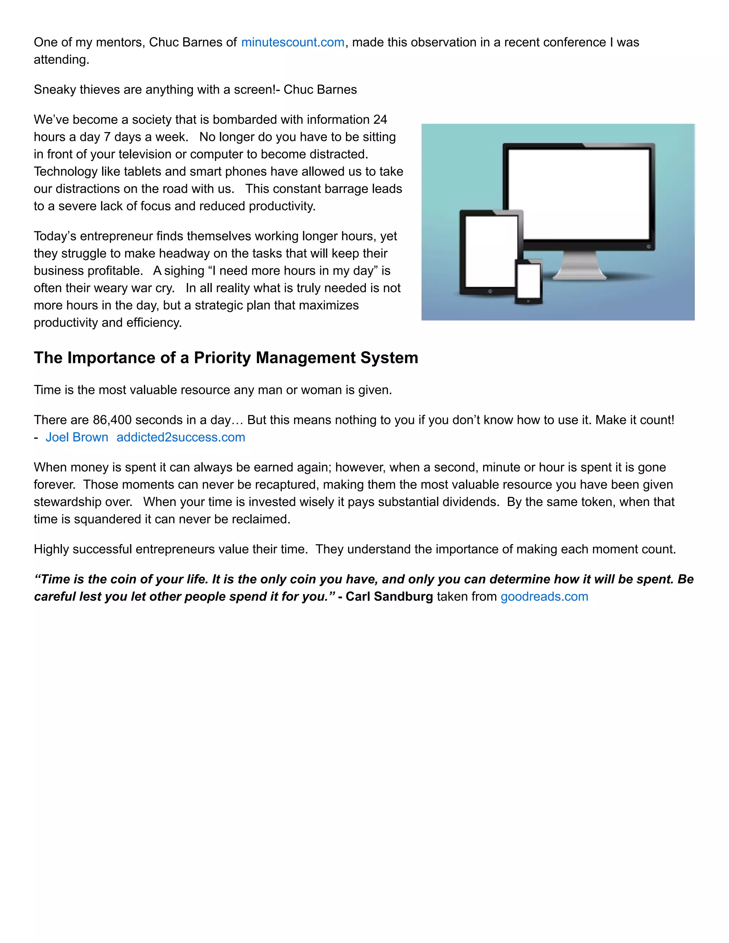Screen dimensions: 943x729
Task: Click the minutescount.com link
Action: click(292, 42)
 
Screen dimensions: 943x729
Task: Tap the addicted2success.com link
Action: click(180, 437)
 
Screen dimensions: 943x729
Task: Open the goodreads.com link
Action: click(544, 596)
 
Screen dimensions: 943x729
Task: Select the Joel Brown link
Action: click(77, 437)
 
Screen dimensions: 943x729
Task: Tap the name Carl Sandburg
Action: click(389, 596)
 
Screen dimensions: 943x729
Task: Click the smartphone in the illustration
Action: click(529, 281)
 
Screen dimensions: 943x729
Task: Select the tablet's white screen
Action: click(491, 251)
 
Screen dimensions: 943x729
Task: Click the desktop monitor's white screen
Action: click(579, 194)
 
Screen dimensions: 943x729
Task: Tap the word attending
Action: click(61, 59)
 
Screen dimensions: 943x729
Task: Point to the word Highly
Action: click(51, 549)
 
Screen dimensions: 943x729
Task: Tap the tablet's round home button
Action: click(490, 291)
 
